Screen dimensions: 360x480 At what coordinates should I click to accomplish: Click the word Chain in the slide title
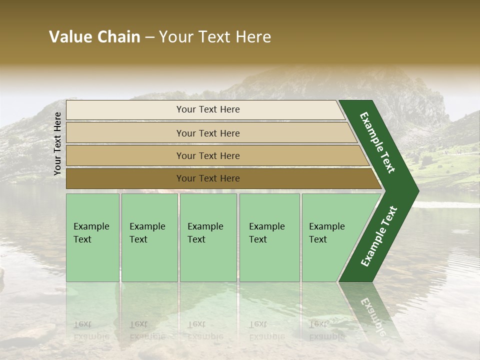(118, 37)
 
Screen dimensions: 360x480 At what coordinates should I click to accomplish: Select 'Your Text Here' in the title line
(215, 37)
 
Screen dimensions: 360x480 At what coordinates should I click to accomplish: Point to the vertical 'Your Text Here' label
(57, 143)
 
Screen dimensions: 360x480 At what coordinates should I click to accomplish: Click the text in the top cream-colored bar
(208, 109)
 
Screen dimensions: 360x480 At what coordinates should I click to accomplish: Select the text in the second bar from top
(208, 133)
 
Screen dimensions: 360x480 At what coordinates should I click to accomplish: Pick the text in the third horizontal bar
(208, 155)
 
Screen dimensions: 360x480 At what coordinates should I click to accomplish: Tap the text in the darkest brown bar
(208, 178)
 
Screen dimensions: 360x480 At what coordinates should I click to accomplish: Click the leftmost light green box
(92, 237)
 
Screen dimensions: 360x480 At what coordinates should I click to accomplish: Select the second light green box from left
(149, 237)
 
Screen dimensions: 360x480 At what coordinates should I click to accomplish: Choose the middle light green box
(208, 237)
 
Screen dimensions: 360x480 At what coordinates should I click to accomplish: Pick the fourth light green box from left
(269, 237)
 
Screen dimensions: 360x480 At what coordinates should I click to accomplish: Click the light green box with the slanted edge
(330, 237)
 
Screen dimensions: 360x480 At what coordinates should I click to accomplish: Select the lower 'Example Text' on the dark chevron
(379, 236)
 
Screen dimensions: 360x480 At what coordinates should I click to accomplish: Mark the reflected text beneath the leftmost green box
(91, 330)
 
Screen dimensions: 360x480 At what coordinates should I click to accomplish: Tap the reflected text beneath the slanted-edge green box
(326, 330)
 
